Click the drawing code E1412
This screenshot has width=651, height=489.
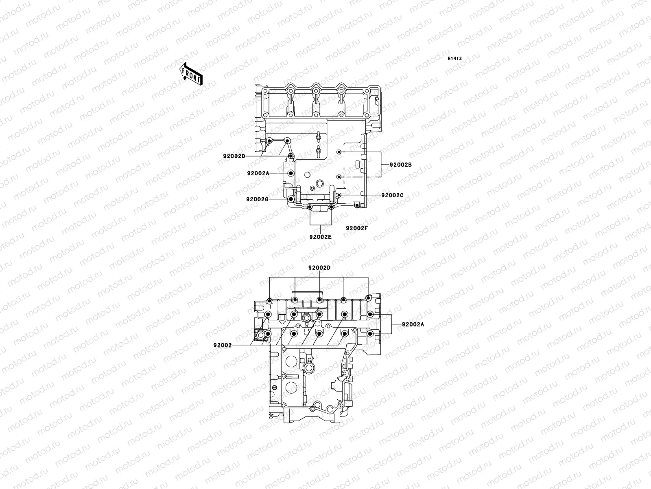(454, 59)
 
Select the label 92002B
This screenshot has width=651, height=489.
(401, 165)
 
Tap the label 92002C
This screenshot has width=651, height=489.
(392, 195)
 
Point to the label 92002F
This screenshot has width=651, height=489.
(357, 228)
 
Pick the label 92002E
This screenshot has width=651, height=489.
(320, 237)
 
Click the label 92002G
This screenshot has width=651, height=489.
(257, 199)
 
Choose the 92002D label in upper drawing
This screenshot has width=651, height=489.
(234, 156)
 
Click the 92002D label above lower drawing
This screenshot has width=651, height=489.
(319, 268)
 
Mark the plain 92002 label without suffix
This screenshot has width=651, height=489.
(222, 345)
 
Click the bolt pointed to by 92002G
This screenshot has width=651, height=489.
(290, 199)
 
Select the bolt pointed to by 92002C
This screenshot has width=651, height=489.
(339, 196)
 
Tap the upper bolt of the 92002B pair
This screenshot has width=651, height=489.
(339, 152)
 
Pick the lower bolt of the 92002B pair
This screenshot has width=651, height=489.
(339, 177)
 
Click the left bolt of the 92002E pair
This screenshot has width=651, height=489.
(310, 207)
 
